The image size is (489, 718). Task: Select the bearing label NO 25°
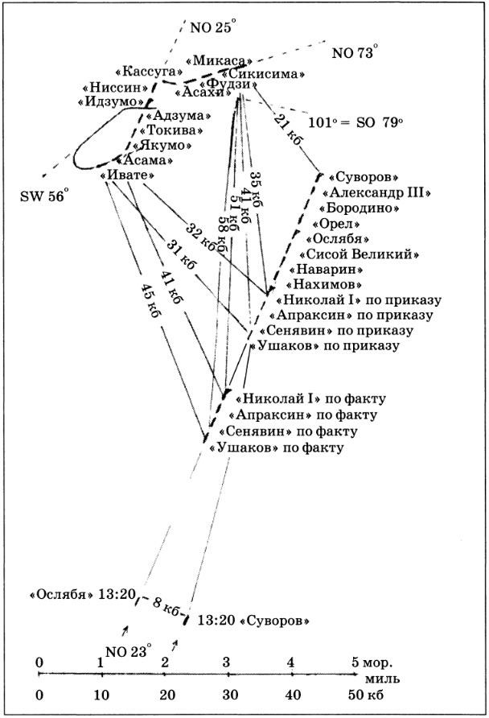[211, 27]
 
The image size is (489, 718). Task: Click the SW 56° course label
[45, 194]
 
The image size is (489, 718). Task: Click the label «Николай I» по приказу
[359, 299]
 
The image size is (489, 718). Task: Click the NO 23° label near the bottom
[129, 651]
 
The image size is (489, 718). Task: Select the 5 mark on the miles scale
[355, 662]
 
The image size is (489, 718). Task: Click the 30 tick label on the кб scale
[229, 694]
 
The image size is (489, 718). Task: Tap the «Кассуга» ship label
[142, 71]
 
